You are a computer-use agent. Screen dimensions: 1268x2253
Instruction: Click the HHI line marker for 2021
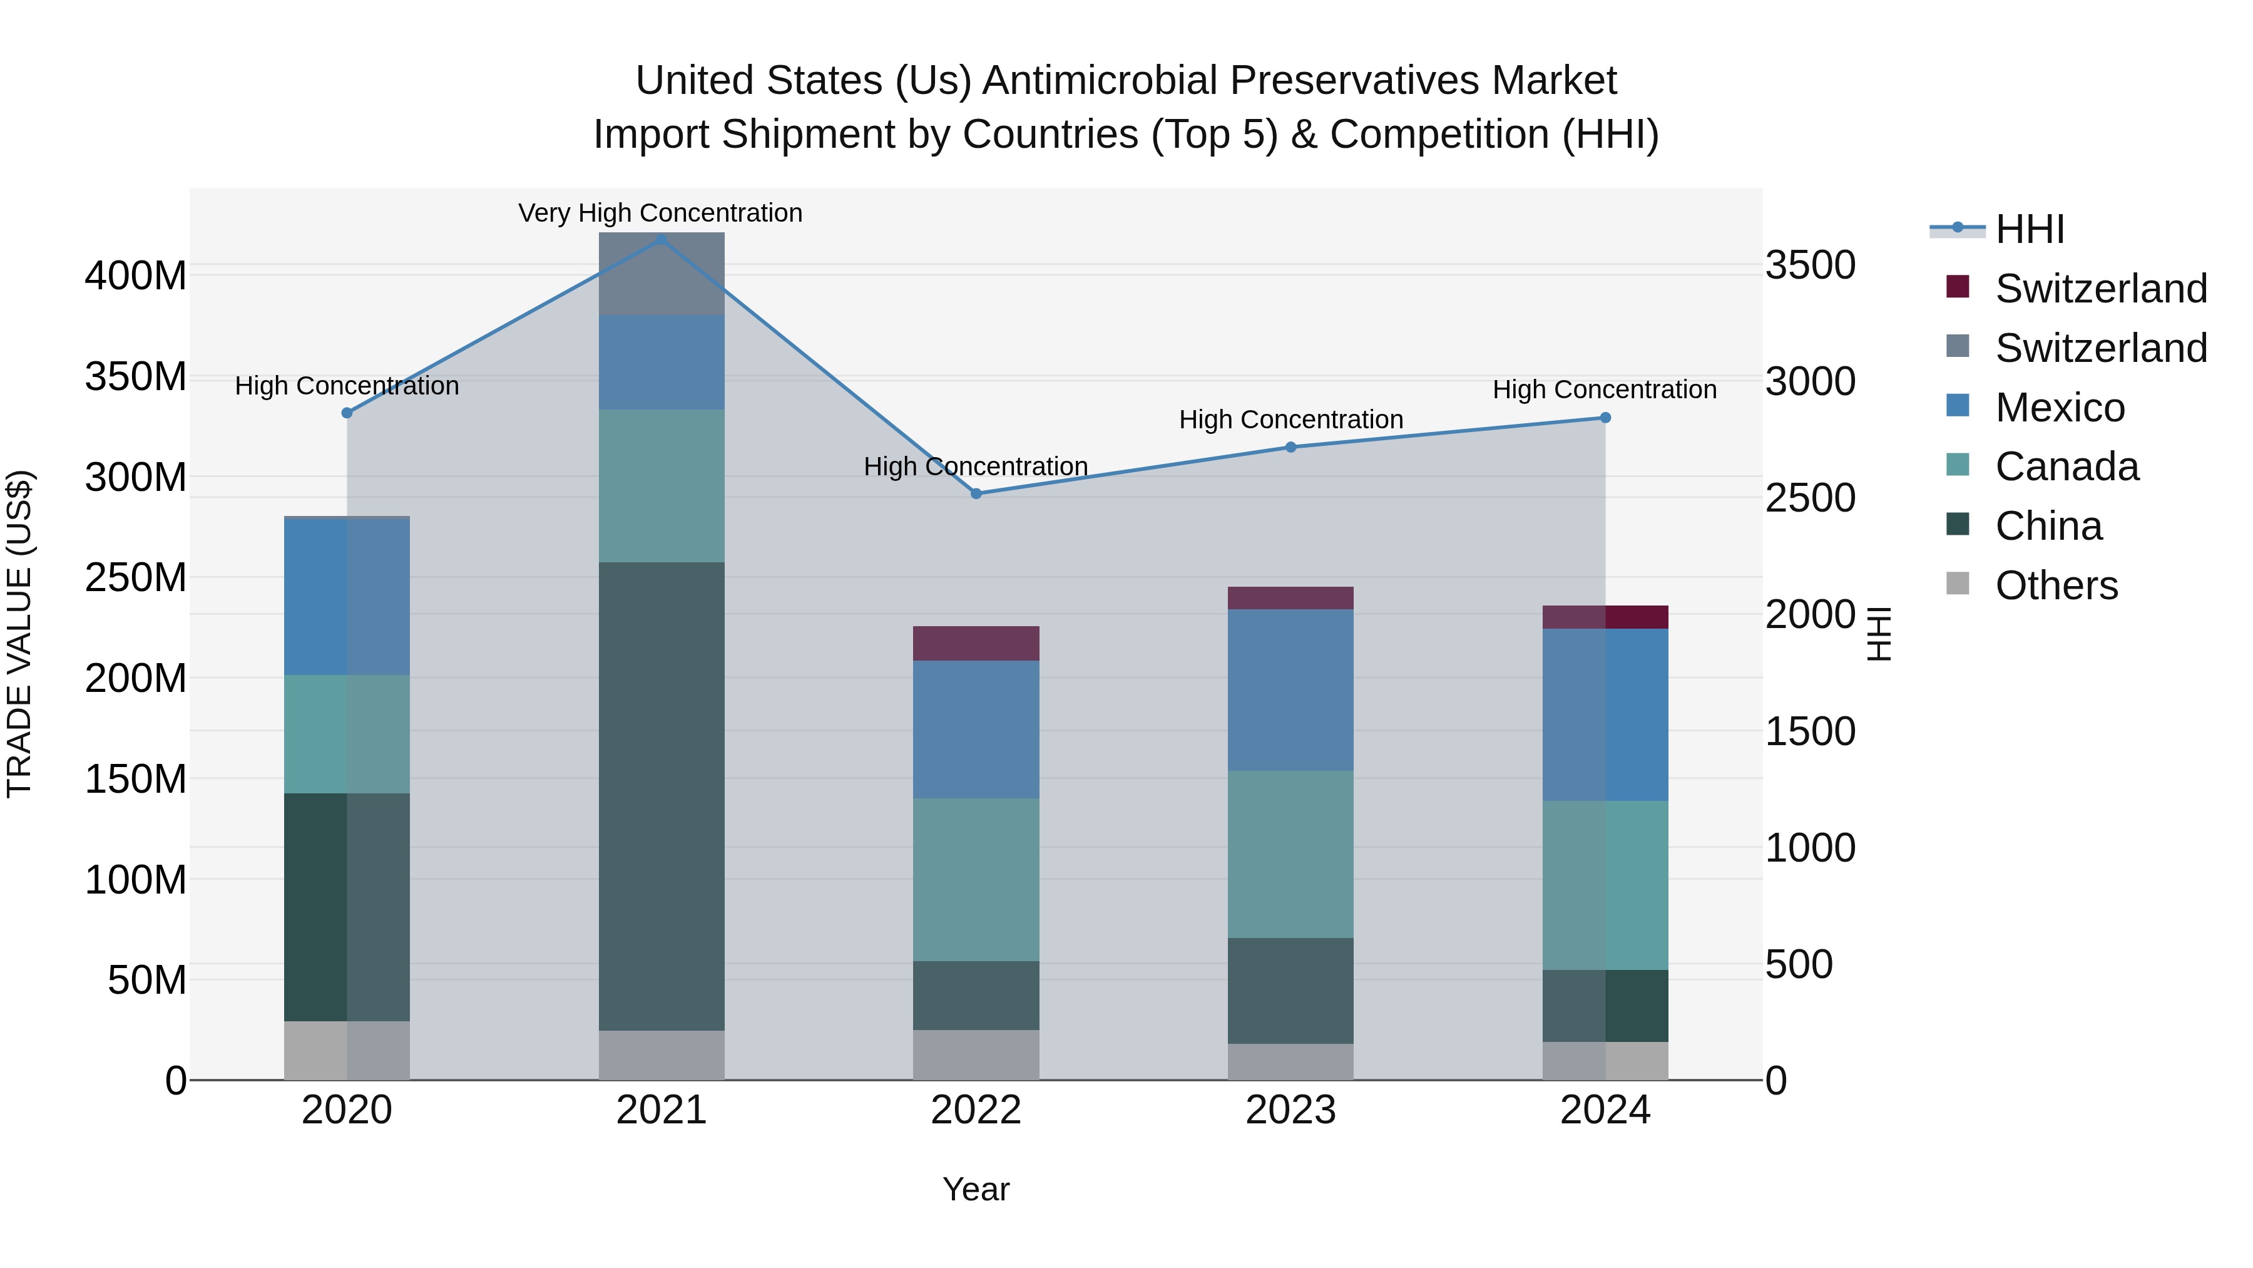coord(662,240)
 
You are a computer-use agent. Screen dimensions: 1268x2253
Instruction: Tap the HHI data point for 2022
coord(976,493)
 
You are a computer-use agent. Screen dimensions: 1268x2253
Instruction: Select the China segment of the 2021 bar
coord(662,796)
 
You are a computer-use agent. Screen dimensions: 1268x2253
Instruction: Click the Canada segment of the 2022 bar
coord(976,880)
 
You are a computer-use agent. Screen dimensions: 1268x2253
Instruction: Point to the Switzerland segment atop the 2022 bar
coord(976,643)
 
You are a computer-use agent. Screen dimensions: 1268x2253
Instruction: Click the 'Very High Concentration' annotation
coord(660,213)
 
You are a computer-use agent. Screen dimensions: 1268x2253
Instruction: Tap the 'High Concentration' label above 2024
coord(1604,389)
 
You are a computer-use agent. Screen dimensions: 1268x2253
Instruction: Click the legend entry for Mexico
coord(2059,408)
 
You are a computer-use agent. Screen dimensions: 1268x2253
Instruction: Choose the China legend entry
coord(2048,527)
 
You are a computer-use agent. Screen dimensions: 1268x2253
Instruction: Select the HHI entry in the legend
coord(2029,229)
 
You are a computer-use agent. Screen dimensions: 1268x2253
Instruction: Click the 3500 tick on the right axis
coord(1809,265)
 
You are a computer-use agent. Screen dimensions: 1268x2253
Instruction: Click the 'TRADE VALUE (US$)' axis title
coord(20,634)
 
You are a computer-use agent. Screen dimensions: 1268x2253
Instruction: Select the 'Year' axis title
coord(976,1189)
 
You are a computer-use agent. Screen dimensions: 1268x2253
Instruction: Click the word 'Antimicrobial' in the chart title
coord(1100,81)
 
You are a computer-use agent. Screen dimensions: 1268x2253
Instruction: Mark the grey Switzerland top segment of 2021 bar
coord(662,274)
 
